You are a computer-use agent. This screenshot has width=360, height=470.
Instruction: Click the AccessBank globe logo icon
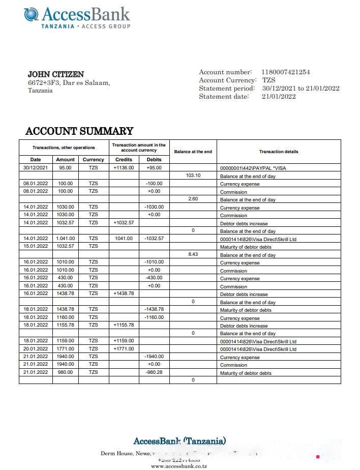pos(31,14)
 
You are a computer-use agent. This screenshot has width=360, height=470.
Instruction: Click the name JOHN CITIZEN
pos(56,74)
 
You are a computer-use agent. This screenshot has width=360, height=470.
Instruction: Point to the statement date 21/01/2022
pos(279,96)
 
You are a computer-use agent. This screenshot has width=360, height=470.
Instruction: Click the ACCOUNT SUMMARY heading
pos(79,131)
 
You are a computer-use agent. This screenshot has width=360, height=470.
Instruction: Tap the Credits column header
pos(124,159)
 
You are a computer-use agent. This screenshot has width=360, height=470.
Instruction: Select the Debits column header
pos(154,159)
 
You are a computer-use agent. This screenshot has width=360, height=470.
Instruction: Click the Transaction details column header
pos(279,152)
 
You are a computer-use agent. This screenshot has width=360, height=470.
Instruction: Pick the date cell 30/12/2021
pos(36,167)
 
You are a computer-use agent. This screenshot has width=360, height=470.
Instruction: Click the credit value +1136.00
pos(124,167)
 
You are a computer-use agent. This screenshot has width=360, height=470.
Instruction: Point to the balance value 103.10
pos(193,175)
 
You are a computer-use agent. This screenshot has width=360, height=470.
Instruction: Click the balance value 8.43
pos(193,254)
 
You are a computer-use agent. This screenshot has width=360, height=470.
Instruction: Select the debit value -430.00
pos(154,278)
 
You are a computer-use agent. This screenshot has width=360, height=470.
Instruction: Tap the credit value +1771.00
pos(124,349)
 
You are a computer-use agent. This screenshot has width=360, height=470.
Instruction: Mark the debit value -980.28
pos(154,372)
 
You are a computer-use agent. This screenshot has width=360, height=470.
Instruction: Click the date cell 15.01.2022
pos(36,246)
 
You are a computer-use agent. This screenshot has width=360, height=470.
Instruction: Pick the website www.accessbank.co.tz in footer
pos(179,466)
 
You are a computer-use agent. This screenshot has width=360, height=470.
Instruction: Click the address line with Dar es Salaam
pos(69,83)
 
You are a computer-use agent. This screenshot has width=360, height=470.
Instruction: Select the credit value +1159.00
pos(124,341)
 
